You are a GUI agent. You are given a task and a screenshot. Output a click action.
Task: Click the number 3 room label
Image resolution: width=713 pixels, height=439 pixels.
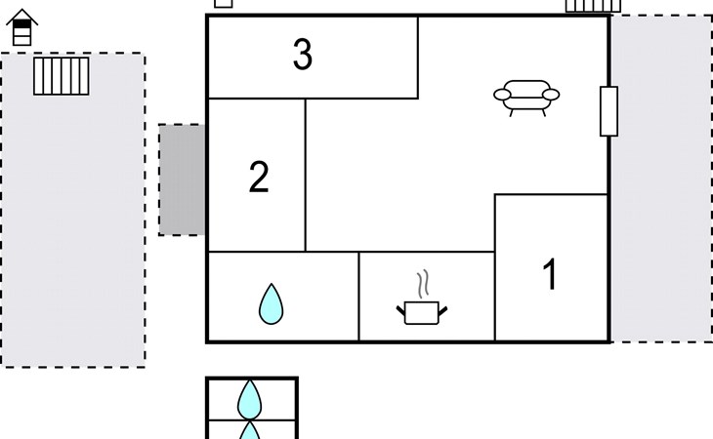point(303,54)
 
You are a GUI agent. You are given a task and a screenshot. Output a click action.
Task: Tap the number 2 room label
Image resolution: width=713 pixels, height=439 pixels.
point(259,177)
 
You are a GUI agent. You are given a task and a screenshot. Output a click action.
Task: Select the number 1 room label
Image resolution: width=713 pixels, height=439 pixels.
point(550,274)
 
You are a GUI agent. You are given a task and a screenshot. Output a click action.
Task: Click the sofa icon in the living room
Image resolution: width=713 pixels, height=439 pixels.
point(526,98)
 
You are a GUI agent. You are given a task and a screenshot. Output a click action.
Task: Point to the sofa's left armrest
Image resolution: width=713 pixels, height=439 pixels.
point(502,95)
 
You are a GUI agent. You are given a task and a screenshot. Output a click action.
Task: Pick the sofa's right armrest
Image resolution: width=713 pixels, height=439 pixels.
point(551,95)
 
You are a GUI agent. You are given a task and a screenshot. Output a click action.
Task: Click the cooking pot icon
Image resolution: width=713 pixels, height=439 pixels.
point(422,312)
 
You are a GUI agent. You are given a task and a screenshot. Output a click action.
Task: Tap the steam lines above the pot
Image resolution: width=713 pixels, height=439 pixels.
point(423,284)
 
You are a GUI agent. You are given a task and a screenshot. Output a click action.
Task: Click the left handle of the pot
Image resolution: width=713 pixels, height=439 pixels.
point(400,311)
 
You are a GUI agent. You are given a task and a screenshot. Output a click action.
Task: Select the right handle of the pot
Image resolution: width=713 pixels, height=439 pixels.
point(442,311)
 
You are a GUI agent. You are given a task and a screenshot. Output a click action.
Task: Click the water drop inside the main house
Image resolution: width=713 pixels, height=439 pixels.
point(271,304)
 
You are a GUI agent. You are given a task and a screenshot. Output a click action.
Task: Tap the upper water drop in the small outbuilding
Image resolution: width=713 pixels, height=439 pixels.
point(250,400)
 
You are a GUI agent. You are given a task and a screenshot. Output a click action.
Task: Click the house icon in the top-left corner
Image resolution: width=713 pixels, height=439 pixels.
point(21,27)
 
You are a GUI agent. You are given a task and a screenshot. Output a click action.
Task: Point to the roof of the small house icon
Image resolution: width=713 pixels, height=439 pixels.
point(21,17)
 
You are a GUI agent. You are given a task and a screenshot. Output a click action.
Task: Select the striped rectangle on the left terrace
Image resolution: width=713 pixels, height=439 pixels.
point(62,76)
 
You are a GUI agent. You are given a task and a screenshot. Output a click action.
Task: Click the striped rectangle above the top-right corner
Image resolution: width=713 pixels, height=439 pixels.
point(593,6)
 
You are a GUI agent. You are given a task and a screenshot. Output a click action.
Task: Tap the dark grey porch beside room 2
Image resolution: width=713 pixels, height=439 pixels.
point(182,180)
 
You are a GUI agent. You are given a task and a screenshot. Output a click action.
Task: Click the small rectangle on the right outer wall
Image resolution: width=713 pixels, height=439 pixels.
point(608,111)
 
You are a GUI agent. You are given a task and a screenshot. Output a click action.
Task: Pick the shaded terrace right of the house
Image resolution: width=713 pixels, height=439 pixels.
point(661,179)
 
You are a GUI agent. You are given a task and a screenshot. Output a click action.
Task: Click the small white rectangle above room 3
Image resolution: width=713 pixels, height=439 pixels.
point(224,4)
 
